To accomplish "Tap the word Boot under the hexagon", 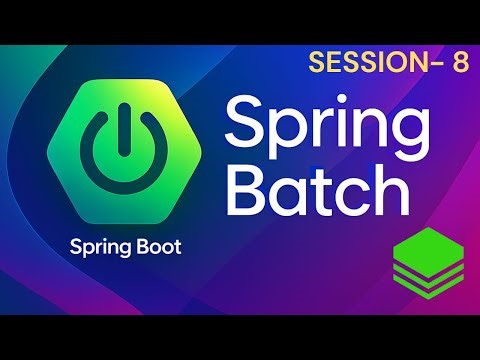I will pos(157,246).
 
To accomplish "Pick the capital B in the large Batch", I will pos(247,191).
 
